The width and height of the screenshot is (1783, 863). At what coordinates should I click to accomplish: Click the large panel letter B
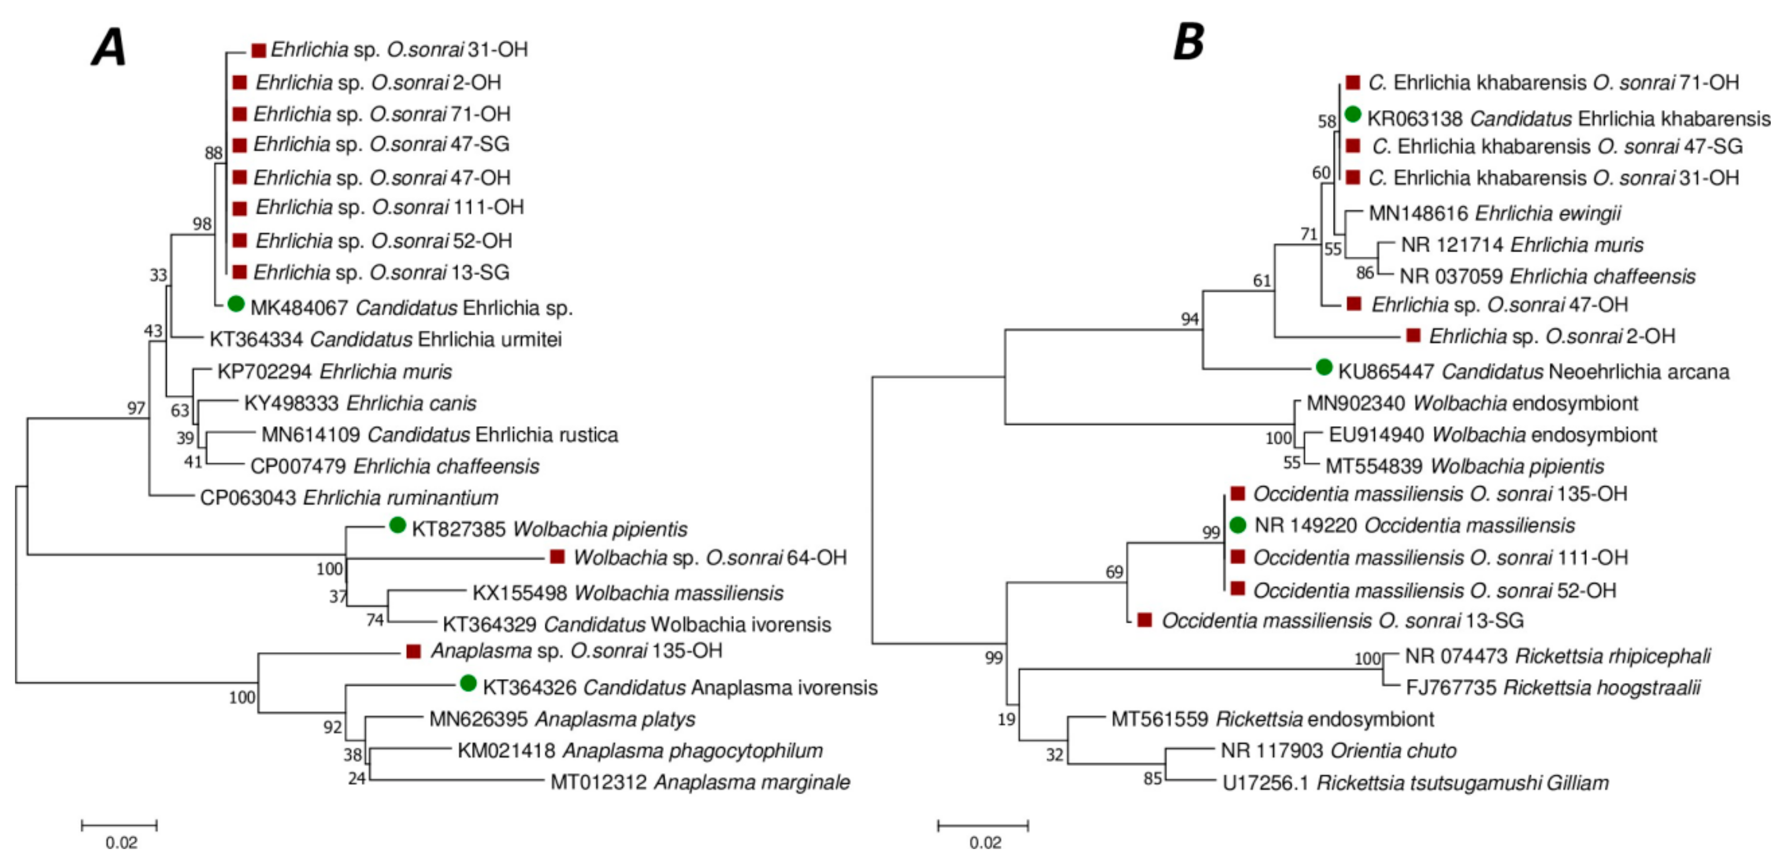1189,41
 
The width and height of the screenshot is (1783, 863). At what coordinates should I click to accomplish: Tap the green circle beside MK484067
236,304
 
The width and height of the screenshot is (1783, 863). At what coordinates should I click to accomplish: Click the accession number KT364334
256,339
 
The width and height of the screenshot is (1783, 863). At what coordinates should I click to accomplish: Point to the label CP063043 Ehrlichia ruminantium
349,498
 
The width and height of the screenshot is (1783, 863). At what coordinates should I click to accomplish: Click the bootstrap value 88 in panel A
213,153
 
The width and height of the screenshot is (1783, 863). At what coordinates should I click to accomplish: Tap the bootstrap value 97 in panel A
136,408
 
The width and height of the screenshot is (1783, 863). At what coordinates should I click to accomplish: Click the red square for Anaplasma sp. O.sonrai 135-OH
413,651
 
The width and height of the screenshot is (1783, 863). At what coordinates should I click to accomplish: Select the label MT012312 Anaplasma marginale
700,782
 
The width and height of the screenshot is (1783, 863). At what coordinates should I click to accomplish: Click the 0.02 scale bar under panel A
119,825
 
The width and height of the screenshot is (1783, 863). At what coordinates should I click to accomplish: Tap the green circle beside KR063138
1353,114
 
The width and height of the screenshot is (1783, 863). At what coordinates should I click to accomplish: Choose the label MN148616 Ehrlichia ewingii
1494,213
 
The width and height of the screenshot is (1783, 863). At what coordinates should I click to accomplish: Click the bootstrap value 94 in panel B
1190,319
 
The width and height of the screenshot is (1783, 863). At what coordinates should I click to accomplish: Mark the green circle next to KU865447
1323,367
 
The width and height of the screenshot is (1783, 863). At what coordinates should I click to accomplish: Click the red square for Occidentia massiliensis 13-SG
1145,620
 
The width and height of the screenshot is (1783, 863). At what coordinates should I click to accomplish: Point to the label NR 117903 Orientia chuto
1338,751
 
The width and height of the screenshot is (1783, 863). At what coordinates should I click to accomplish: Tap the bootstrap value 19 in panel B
1007,720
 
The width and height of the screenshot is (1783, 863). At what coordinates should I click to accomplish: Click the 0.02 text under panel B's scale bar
984,843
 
